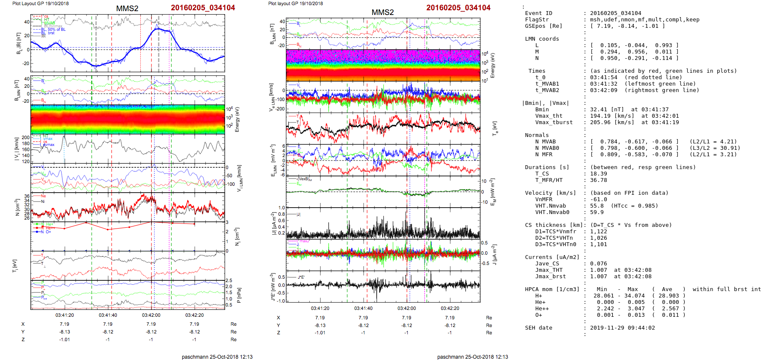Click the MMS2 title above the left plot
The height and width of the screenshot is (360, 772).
[127, 9]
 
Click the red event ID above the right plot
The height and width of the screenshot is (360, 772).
[458, 8]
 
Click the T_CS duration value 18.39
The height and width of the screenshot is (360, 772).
[598, 174]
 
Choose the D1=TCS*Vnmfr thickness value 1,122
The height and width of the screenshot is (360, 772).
[598, 232]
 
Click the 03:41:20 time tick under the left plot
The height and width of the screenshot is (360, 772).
[65, 315]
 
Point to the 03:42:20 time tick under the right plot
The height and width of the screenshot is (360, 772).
[450, 308]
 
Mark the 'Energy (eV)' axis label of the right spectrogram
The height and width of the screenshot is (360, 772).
[493, 65]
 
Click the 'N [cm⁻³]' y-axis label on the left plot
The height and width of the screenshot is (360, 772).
[17, 207]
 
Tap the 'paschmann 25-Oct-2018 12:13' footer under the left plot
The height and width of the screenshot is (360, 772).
[217, 357]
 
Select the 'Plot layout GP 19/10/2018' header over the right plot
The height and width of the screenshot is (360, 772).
[295, 3]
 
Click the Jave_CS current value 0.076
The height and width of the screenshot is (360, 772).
[598, 264]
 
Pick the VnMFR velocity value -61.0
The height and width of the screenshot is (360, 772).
[598, 199]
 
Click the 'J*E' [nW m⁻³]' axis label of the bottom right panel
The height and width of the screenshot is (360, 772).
[272, 287]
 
